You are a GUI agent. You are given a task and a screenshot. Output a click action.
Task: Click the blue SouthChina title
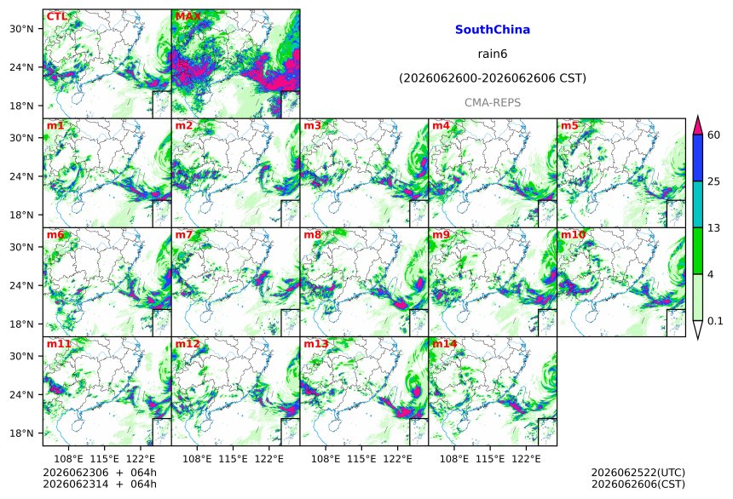(x=493, y=30)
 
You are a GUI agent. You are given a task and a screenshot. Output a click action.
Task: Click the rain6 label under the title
(x=493, y=54)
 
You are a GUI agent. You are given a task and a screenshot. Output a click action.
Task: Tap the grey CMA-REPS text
(x=493, y=103)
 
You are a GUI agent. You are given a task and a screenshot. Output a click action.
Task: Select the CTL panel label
(x=56, y=17)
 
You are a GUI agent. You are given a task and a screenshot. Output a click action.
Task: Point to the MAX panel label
(x=188, y=17)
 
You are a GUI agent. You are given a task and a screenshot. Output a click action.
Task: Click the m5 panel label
(x=569, y=126)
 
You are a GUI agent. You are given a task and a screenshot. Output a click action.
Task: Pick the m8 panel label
(x=312, y=234)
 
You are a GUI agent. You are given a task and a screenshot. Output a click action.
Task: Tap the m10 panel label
(x=573, y=234)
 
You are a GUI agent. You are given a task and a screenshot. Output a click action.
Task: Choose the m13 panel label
(x=316, y=344)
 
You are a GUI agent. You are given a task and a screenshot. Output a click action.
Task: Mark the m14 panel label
(x=445, y=344)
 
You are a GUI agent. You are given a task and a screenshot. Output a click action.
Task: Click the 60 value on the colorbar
(x=714, y=135)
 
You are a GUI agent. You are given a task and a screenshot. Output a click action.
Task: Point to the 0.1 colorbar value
(x=715, y=321)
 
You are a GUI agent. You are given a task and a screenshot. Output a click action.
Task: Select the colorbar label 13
(x=714, y=228)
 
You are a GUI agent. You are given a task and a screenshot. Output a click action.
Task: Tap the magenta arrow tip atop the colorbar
(x=698, y=116)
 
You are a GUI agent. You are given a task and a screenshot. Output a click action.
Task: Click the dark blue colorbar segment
(x=698, y=158)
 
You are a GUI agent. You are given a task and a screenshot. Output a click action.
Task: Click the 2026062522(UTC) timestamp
(x=638, y=473)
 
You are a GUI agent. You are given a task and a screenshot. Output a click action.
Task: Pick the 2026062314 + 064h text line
(x=100, y=484)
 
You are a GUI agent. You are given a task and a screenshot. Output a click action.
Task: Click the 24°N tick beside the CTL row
(x=21, y=67)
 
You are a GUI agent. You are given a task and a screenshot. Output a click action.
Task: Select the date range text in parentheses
(x=493, y=78)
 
